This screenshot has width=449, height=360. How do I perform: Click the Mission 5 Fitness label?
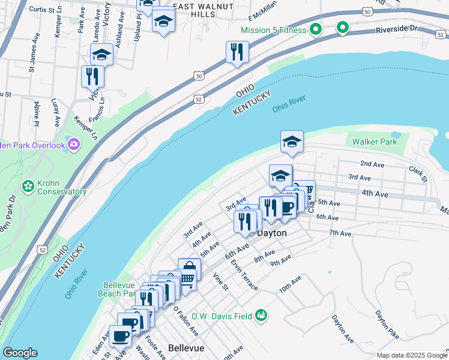click(274, 30)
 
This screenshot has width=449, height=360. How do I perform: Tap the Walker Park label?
click(374, 142)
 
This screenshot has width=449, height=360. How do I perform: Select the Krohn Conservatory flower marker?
click(28, 186)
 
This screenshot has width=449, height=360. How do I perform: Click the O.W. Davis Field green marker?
click(261, 315)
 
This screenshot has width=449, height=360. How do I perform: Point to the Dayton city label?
click(272, 233)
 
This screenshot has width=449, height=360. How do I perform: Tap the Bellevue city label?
click(186, 348)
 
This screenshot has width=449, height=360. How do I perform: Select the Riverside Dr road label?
click(396, 29)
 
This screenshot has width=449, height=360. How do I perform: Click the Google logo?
click(20, 353)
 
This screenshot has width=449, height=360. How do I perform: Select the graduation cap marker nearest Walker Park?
click(292, 141)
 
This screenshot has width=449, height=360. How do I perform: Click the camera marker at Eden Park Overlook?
click(73, 144)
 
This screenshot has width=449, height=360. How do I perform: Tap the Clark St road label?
click(418, 174)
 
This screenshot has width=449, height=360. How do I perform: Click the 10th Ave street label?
click(290, 284)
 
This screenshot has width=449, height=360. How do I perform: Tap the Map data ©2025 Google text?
click(411, 355)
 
